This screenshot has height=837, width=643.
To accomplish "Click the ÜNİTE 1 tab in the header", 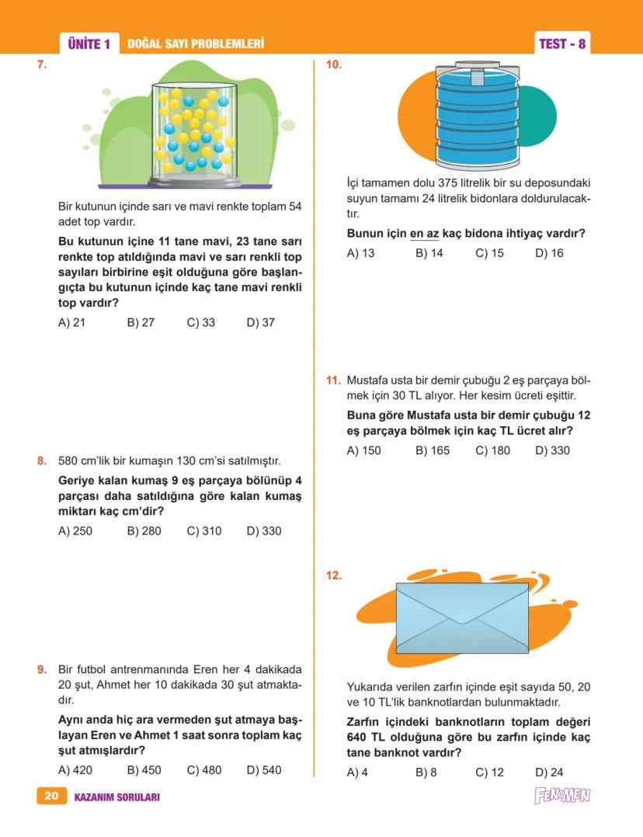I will (x=89, y=44).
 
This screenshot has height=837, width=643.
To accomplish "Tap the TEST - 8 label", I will (x=562, y=44).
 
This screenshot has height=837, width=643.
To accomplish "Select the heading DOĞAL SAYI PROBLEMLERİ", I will (x=195, y=44).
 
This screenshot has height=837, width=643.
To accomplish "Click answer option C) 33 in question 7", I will (x=201, y=322).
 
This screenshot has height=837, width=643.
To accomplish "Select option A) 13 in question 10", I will (x=360, y=253).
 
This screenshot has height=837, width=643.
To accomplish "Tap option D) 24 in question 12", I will (x=549, y=772).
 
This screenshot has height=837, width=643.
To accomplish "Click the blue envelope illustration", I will (x=462, y=619).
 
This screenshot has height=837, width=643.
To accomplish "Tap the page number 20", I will (x=51, y=796).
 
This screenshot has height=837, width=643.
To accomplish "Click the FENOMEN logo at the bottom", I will (x=562, y=796).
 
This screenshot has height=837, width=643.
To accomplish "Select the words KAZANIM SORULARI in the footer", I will (x=116, y=797).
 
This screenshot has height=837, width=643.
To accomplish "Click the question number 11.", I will (x=333, y=380).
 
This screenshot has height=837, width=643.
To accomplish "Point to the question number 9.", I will (x=42, y=669).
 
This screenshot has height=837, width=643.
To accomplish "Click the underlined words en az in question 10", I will (x=424, y=234).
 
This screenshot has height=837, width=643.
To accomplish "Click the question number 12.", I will (x=334, y=575).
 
